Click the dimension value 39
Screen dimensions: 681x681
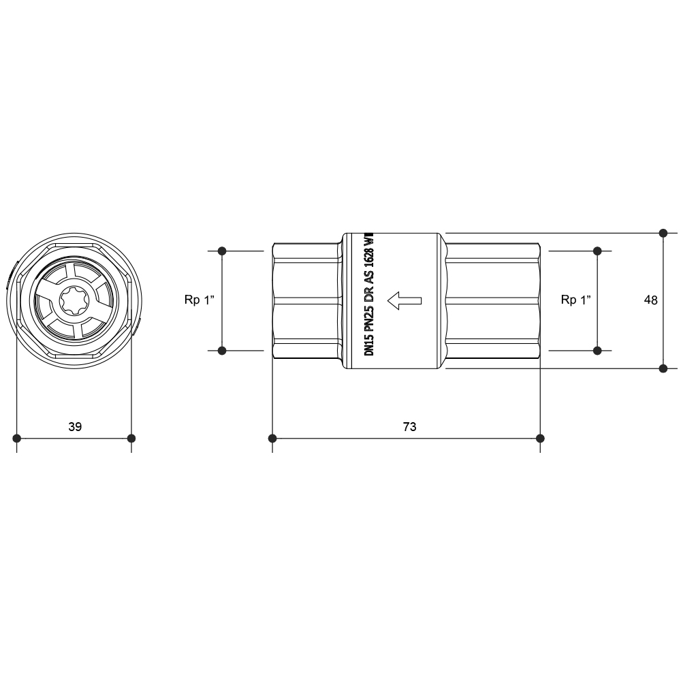pyautogui.click(x=75, y=426)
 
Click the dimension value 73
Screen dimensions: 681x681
pyautogui.click(x=409, y=426)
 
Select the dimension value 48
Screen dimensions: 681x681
pyautogui.click(x=650, y=300)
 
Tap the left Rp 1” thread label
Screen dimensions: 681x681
pyautogui.click(x=200, y=300)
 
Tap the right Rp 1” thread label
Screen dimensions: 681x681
pyautogui.click(x=576, y=300)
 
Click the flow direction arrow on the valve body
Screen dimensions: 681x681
pyautogui.click(x=405, y=300)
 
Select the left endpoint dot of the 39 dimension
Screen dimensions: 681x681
pyautogui.click(x=16, y=438)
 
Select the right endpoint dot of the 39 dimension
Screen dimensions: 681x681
pyautogui.click(x=131, y=438)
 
